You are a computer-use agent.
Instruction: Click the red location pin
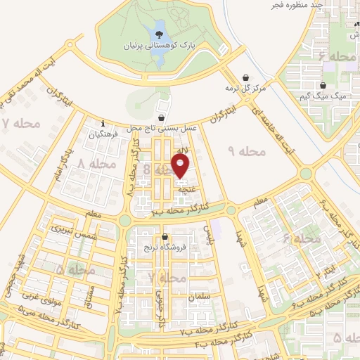(x=181, y=165)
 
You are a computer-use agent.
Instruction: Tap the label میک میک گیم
(x=323, y=95)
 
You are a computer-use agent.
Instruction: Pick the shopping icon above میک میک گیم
(x=323, y=84)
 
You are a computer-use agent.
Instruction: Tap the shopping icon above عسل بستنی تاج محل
(x=163, y=118)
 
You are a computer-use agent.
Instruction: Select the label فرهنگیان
(x=103, y=133)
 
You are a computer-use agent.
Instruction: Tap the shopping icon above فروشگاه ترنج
(x=165, y=236)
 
